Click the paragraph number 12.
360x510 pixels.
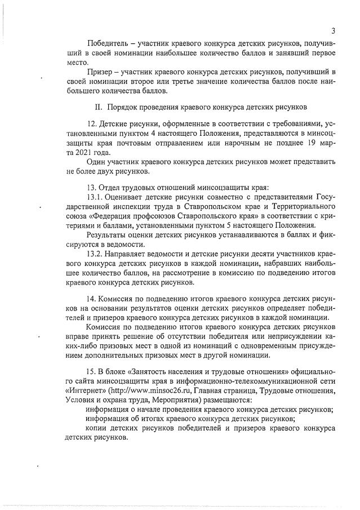tap(92, 123)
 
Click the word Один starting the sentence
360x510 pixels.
tap(96, 162)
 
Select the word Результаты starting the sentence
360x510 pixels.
tap(109, 235)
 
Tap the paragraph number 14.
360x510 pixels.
tap(92, 298)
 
